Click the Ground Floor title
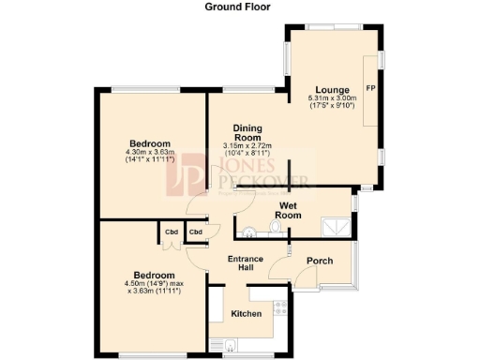point(239,6)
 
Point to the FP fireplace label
point(370,88)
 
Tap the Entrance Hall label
point(245,263)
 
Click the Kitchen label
point(246,314)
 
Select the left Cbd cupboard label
point(172,232)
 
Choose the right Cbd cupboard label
point(196,232)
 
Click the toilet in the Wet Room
point(275,228)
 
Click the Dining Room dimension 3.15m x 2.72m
point(247,149)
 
